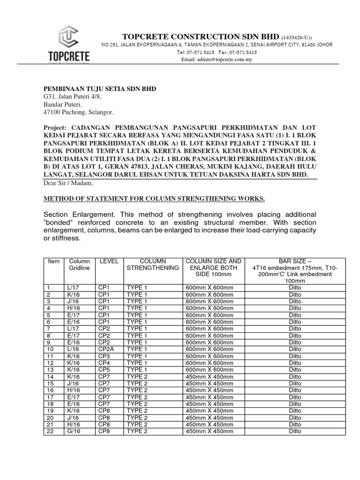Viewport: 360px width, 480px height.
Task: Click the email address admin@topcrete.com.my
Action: pos(217,60)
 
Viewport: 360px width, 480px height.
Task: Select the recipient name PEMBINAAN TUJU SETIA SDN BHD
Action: pos(100,89)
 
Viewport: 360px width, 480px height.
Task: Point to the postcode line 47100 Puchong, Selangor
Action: pos(78,112)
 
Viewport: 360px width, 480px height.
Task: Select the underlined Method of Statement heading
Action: pos(154,199)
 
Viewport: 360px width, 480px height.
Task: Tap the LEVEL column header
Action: pos(106,261)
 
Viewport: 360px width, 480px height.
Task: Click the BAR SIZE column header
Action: pos(295,261)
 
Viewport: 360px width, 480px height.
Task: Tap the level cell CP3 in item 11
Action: pos(104,356)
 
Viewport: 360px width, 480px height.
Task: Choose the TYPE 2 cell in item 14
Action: pos(137,376)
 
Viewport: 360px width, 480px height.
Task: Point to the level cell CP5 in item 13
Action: pos(104,370)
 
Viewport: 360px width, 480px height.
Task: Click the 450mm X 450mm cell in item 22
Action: pos(210,431)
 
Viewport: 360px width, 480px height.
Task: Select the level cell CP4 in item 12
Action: pos(104,363)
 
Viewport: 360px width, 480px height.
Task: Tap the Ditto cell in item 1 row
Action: pos(295,288)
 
